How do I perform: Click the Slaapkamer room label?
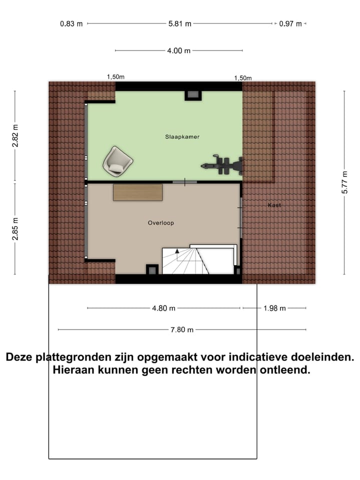coord(178,136)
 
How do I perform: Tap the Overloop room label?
coord(160,223)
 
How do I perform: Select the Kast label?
coord(274,205)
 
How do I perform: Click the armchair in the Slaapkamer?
coord(118,161)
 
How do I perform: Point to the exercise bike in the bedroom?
coord(223,164)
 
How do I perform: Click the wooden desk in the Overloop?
coord(138,192)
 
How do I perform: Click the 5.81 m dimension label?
coord(180,23)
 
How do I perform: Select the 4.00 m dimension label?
coord(179,50)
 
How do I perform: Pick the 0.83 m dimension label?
coord(71,23)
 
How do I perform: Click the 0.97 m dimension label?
coord(291,23)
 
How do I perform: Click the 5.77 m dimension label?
coord(344,183)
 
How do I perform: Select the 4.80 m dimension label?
coord(164,308)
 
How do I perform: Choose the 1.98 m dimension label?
coord(274,308)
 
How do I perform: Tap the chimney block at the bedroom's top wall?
coord(193,95)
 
